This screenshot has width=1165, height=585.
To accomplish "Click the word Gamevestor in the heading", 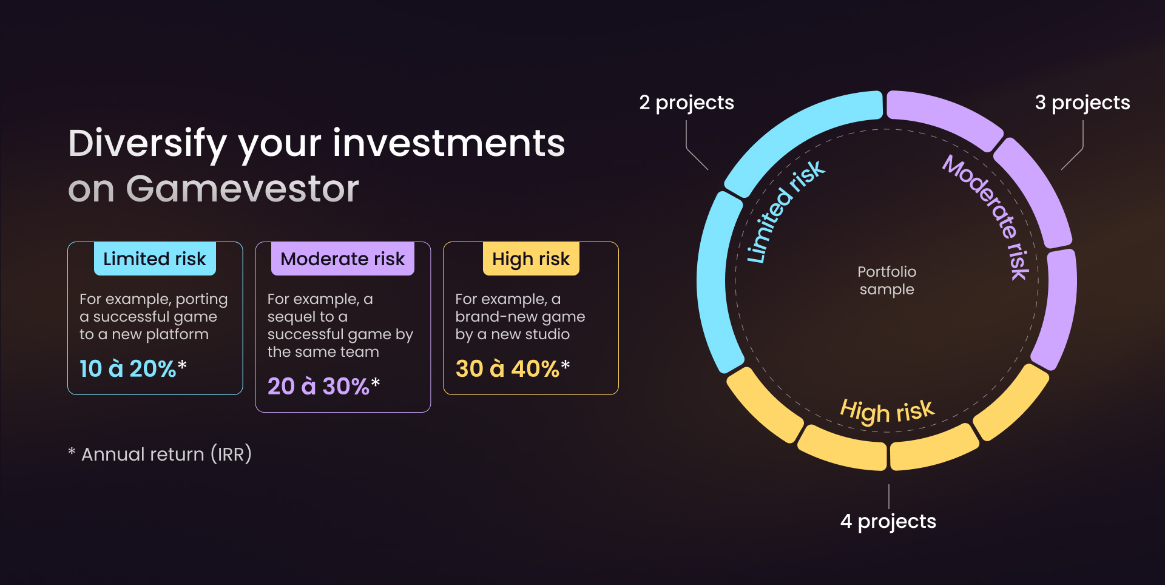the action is click(243, 189).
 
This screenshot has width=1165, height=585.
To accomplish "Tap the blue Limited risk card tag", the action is click(155, 259).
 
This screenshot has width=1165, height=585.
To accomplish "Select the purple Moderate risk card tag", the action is click(343, 259).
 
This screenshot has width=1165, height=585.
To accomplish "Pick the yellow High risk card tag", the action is click(531, 259).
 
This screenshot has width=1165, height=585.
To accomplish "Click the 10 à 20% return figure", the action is click(133, 368).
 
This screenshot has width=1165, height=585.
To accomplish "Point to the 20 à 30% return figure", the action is click(324, 386).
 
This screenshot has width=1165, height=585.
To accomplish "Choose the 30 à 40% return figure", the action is click(513, 368).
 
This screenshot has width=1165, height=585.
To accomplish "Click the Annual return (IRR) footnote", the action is click(160, 454).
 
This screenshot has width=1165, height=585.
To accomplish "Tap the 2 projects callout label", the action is click(686, 103).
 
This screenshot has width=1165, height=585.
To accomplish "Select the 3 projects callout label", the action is click(1082, 103).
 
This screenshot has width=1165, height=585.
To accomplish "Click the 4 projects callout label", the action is click(888, 521).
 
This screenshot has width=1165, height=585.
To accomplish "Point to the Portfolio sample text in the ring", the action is click(887, 280).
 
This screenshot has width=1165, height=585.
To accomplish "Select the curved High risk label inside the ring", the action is click(887, 411).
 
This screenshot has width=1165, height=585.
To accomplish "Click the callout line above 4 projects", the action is click(889, 496).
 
